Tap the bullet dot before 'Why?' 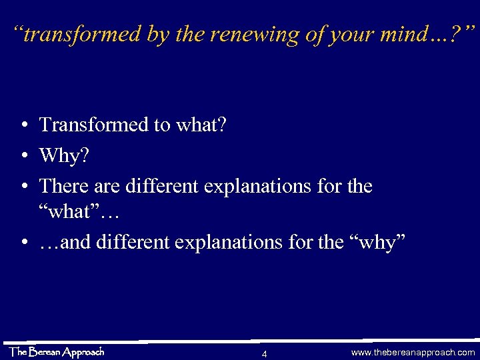tap(23, 156)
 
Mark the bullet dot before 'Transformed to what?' tap(23, 125)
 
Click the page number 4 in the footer tap(265, 353)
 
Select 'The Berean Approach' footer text tap(57, 351)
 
